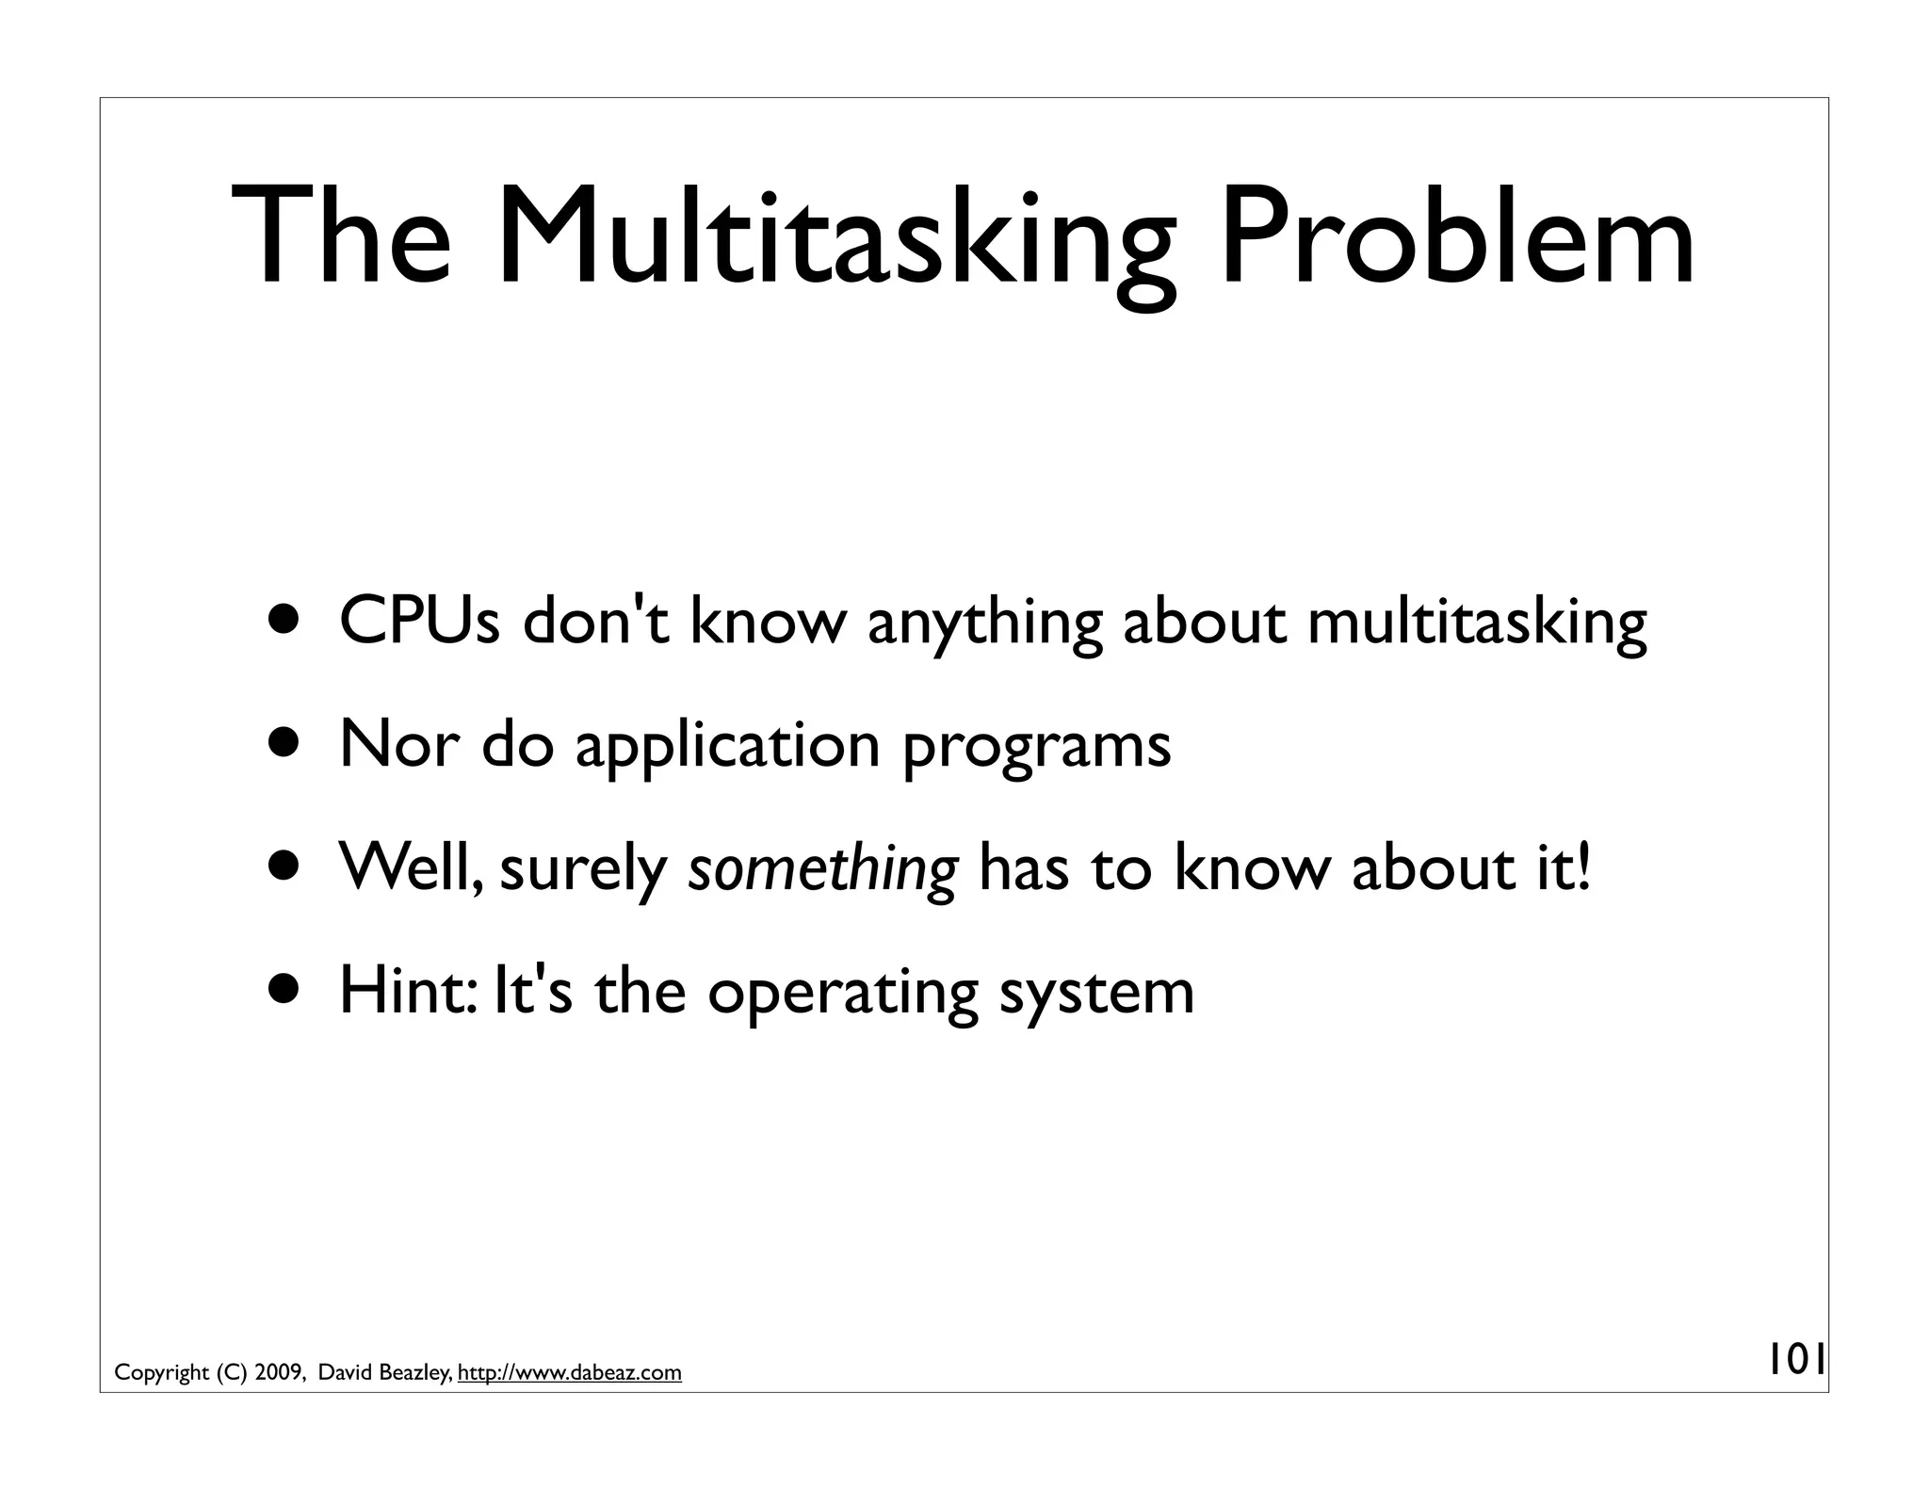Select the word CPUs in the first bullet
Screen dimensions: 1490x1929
click(x=419, y=623)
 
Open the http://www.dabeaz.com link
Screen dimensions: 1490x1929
click(x=569, y=1373)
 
